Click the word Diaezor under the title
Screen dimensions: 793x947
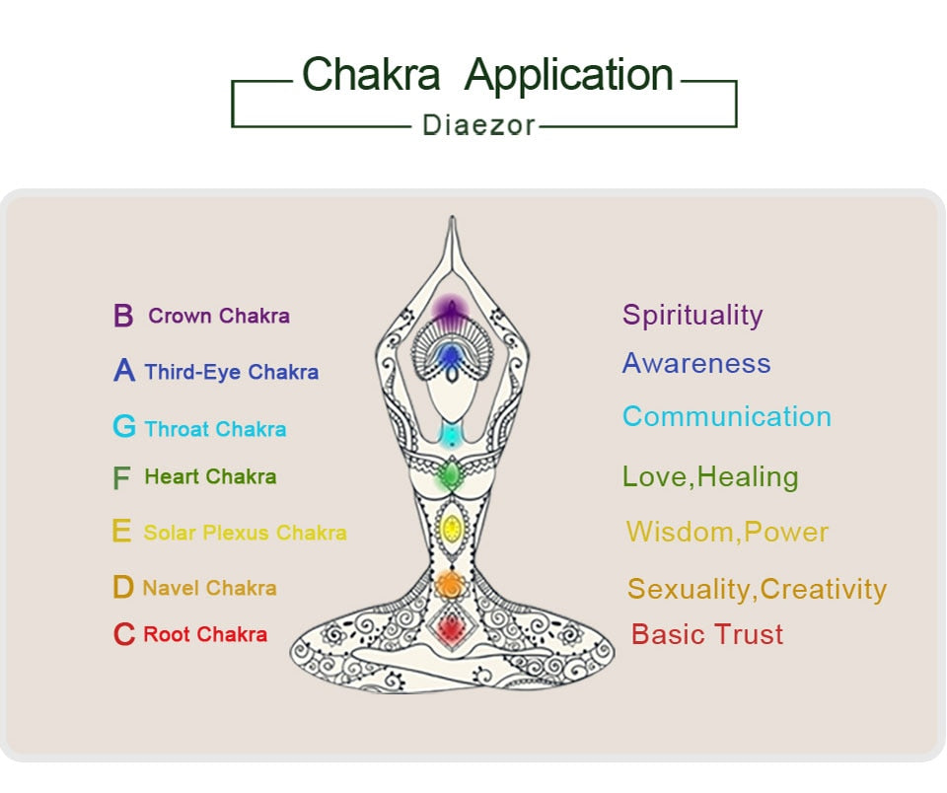pos(478,125)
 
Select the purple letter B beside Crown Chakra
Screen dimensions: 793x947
pos(123,317)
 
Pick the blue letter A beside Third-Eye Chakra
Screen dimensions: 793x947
pos(124,371)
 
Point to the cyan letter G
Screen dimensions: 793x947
pos(124,427)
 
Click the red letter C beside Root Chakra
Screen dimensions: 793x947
pos(123,634)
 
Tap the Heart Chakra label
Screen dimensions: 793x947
pos(210,477)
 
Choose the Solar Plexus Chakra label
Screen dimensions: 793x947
pos(245,533)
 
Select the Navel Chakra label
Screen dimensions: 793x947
pos(209,588)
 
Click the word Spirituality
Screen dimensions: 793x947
pos(692,316)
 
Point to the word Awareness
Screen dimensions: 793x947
pos(696,363)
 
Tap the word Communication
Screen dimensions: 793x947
pos(727,416)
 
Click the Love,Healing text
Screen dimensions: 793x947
pos(710,477)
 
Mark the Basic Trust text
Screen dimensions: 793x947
pos(707,634)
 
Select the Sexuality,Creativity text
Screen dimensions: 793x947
pos(757,590)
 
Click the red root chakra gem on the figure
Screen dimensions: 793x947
pos(451,626)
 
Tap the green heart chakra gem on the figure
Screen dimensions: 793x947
pos(450,476)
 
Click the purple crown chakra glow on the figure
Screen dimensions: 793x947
pos(451,310)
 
